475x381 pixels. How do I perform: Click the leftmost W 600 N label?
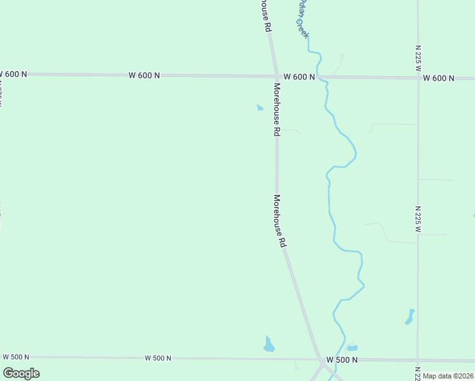pos(14,74)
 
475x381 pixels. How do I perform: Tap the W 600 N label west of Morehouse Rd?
pos(144,75)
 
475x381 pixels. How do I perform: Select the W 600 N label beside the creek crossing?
pos(299,77)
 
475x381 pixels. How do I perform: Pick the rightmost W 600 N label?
pos(439,78)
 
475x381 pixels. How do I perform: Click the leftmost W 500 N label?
pos(17,356)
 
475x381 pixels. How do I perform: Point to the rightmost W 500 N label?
pos(342,359)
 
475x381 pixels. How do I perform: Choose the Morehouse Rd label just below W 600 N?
pos(277,109)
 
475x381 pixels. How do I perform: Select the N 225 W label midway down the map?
pos(418,218)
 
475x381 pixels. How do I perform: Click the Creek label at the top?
pos(302,18)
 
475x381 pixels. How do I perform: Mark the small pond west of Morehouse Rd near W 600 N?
pos(260,107)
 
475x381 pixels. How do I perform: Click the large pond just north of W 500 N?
pos(269,345)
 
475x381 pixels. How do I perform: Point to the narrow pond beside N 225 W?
pos(410,316)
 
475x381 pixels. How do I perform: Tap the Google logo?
pos(21,373)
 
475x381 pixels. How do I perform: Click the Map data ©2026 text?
pos(448,376)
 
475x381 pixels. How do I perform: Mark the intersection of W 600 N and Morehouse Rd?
pos(275,76)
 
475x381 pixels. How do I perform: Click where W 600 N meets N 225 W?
pos(418,78)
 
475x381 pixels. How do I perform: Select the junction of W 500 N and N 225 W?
pos(417,360)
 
